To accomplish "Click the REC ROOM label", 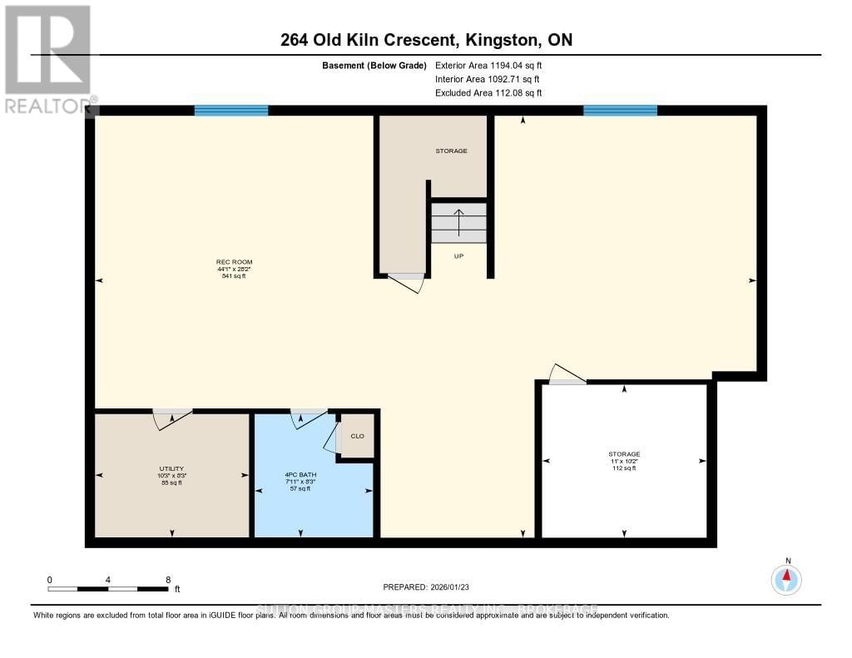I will pyautogui.click(x=231, y=263).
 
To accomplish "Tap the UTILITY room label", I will pyautogui.click(x=171, y=468).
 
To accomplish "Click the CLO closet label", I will pyautogui.click(x=357, y=436).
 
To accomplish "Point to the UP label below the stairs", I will pyautogui.click(x=458, y=256).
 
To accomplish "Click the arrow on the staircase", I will pyautogui.click(x=458, y=222).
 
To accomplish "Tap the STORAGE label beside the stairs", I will pyautogui.click(x=452, y=151).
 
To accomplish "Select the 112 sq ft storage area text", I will pyautogui.click(x=623, y=468).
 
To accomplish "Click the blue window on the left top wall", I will pyautogui.click(x=231, y=110).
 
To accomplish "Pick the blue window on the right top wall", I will pyautogui.click(x=620, y=110).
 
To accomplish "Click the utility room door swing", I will pyautogui.click(x=171, y=418).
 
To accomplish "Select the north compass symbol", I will pyautogui.click(x=786, y=577).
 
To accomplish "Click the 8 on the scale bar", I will pyautogui.click(x=168, y=580).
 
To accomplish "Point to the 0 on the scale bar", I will pyautogui.click(x=50, y=580).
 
